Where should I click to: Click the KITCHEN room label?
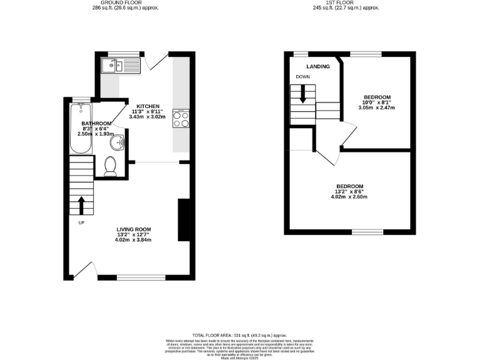148,106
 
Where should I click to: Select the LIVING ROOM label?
134,229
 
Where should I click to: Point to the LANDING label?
317,66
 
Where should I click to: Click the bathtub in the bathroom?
79,129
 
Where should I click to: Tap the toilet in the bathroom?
111,166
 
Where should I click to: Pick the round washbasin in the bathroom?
116,144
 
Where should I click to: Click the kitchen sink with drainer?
122,65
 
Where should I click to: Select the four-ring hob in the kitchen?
181,119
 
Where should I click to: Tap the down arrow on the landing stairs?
302,94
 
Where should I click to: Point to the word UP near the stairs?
81,222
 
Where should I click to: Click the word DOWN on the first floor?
303,78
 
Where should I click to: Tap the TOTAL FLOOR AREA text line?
240,334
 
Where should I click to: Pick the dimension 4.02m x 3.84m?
134,239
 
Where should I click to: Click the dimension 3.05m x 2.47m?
377,107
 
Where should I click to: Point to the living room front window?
140,277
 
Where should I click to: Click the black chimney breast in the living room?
184,219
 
